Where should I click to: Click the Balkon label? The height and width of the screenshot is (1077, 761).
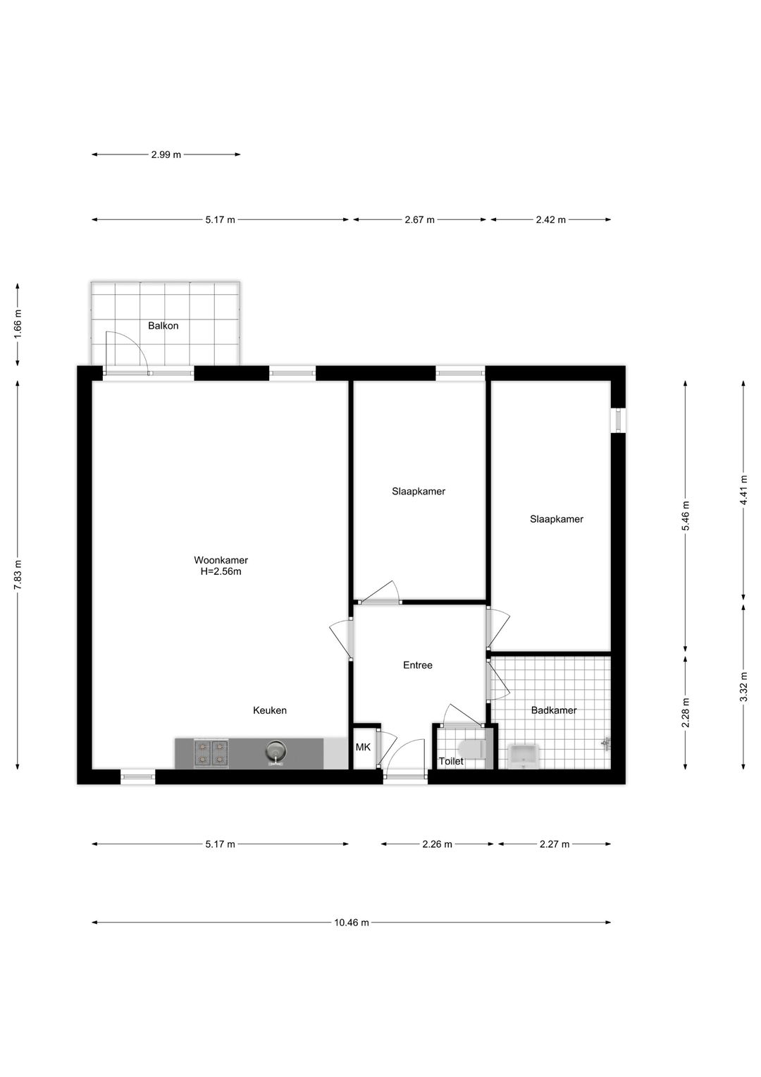point(163,326)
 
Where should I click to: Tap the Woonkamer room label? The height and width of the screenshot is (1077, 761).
point(221,560)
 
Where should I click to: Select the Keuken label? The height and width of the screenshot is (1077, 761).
point(270,710)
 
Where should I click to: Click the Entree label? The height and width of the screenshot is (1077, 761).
point(417,665)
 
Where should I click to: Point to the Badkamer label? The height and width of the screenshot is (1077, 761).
point(554,710)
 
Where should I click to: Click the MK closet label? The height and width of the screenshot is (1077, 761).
point(363,747)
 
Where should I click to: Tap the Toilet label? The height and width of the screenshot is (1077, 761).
point(451,762)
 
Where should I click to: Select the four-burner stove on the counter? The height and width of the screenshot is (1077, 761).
point(211,753)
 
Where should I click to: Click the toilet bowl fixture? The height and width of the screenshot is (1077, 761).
point(470,748)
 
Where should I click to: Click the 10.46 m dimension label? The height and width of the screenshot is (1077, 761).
point(352,922)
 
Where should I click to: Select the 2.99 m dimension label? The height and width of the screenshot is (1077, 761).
point(166,154)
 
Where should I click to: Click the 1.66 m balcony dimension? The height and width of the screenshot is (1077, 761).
point(18,325)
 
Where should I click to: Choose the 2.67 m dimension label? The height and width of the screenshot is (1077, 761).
point(419,219)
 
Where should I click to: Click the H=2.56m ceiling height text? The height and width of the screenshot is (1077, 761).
point(221,572)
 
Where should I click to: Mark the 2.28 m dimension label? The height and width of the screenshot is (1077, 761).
point(686,712)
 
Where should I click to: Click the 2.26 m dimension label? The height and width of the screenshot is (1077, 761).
point(437,844)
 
